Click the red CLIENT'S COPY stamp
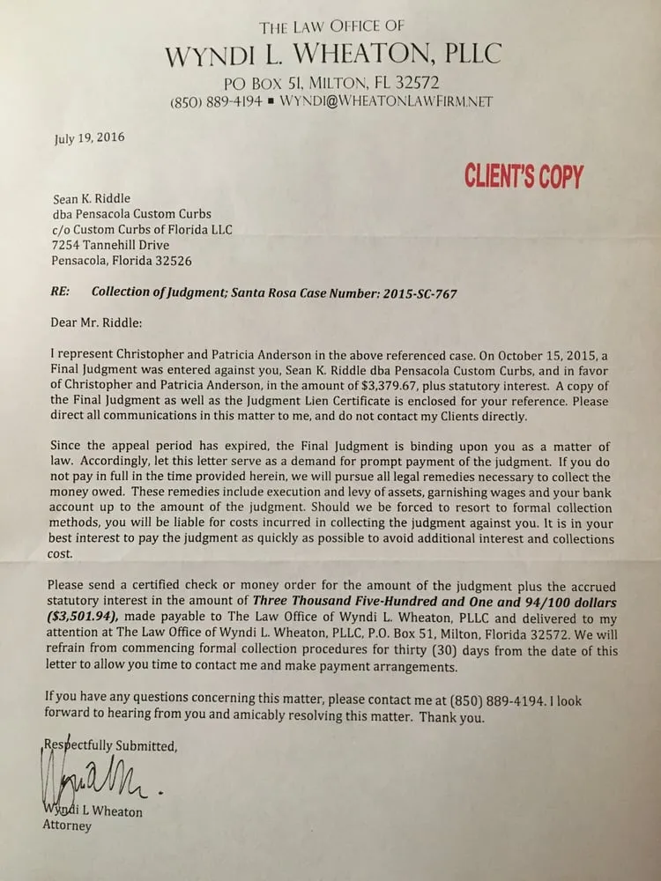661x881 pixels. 524,177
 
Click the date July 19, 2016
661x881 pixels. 89,137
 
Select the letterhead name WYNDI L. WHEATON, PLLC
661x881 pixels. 332,55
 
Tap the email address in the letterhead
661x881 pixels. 387,102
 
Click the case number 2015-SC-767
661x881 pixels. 413,293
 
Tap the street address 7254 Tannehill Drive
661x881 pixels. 112,245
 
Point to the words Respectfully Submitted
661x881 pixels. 111,745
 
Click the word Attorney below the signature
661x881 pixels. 67,826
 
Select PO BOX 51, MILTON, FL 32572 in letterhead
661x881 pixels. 331,84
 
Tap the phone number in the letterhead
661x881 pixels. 216,102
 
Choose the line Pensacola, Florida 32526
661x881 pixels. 123,261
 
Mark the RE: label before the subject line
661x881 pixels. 64,293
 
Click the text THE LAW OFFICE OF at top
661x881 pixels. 331,26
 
